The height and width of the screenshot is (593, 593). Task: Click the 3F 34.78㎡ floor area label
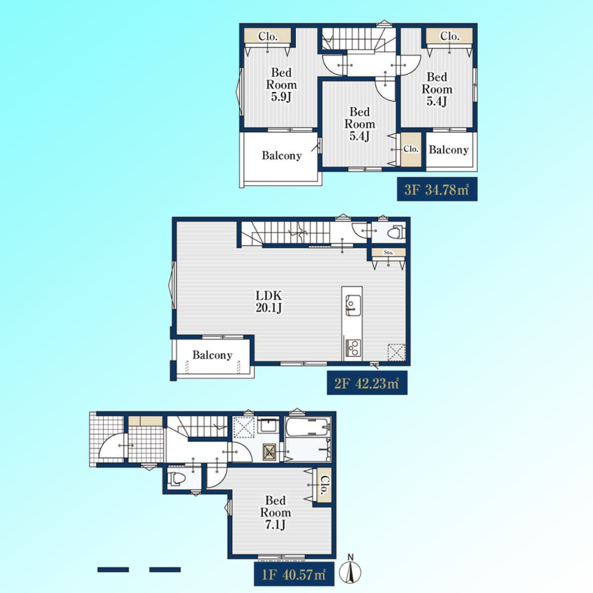tap(437, 189)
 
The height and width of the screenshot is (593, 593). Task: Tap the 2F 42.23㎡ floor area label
tap(367, 383)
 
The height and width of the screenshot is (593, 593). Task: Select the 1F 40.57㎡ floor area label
tap(294, 574)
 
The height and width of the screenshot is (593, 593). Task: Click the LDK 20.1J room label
tap(269, 302)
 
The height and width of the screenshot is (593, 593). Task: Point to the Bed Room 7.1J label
tap(276, 512)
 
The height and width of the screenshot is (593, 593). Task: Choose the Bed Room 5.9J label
tap(281, 85)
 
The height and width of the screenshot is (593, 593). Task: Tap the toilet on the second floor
tap(396, 232)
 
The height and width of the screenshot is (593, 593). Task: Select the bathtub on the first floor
tap(308, 427)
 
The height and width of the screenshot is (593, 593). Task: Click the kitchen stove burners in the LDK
tap(352, 348)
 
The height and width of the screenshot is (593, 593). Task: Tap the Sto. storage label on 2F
tap(389, 252)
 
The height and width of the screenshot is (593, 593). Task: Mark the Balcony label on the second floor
tap(212, 355)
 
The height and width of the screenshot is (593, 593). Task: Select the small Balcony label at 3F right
tap(449, 150)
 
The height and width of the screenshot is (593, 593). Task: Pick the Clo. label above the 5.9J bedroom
tap(268, 36)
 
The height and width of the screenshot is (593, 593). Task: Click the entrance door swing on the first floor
tap(111, 446)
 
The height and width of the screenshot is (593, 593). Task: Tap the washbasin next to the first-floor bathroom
tap(269, 426)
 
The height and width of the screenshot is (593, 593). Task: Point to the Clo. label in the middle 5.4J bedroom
tap(410, 148)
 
